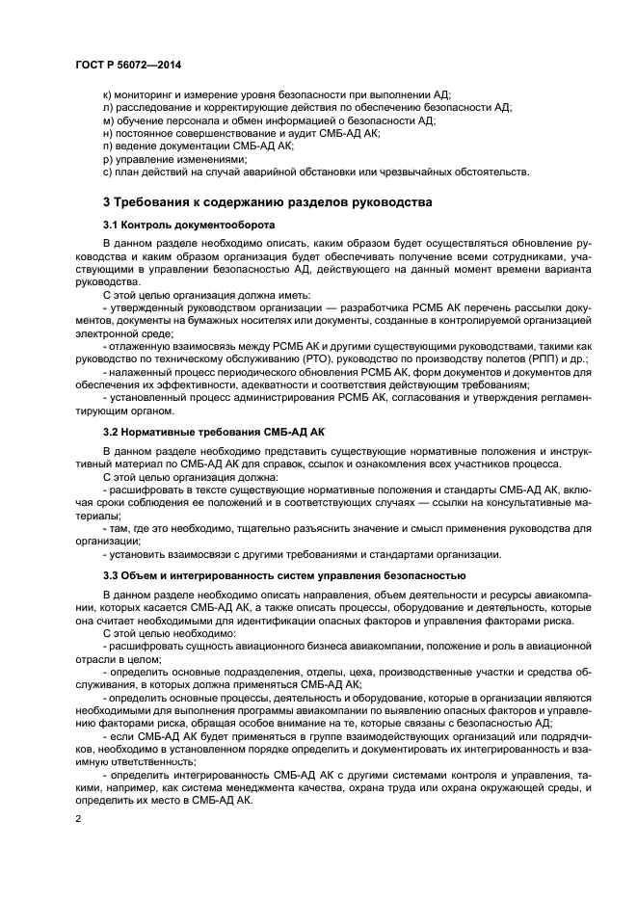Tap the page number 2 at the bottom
(x=78, y=818)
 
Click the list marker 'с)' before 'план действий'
(x=107, y=172)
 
